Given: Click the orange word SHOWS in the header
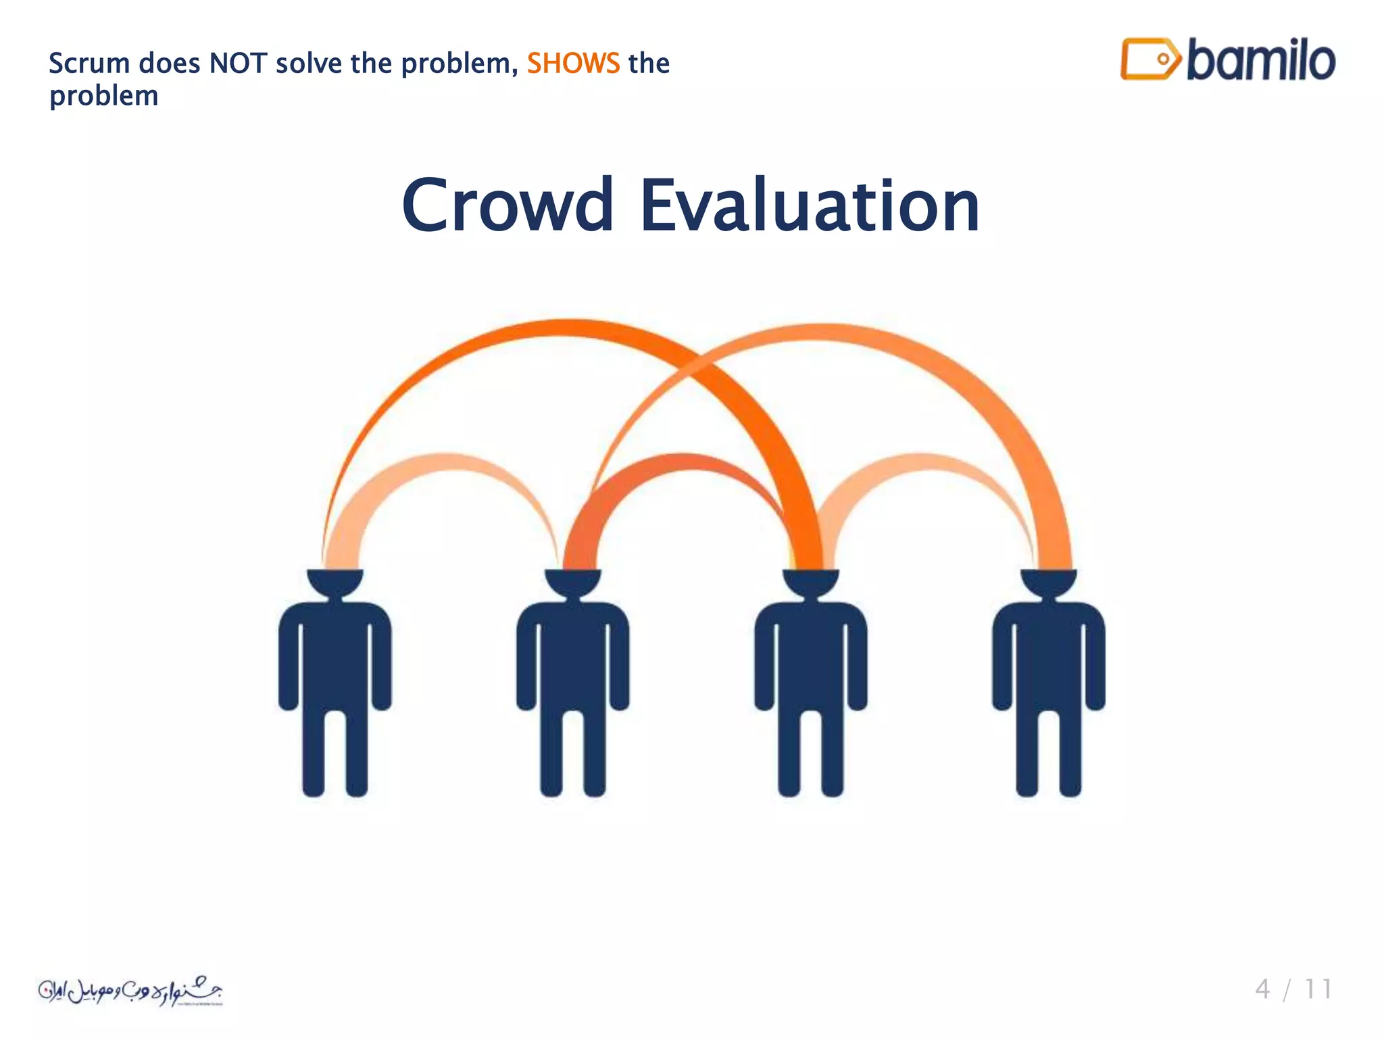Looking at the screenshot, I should (572, 64).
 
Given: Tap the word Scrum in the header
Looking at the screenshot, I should (89, 64).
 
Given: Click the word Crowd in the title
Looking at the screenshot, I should (508, 205).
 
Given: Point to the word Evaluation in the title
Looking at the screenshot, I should (809, 205).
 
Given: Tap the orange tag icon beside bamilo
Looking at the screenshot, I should (1150, 59).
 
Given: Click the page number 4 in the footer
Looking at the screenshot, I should (1262, 989).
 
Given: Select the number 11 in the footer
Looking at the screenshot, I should (1318, 989).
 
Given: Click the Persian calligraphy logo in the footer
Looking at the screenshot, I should (130, 991).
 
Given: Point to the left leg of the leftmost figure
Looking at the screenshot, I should (314, 750).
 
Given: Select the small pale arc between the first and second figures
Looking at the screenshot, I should (443, 463).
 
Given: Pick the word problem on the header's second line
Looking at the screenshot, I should (104, 96).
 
